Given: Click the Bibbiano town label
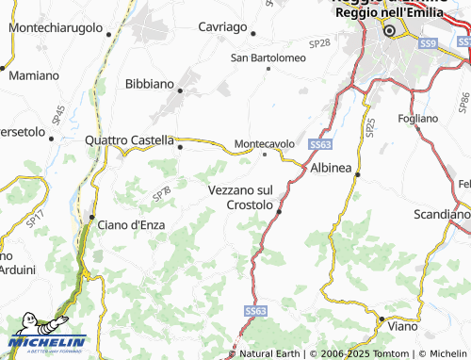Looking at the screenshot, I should click(x=149, y=84).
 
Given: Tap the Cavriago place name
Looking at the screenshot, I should click(x=222, y=27).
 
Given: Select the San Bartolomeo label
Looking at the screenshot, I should click(x=268, y=57).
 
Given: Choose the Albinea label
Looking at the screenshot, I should click(x=331, y=167).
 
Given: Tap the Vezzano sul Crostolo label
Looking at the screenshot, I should click(x=239, y=197).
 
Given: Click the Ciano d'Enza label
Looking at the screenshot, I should click(x=131, y=224).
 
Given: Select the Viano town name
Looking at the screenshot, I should click(x=405, y=324).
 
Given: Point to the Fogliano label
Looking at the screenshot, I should click(x=418, y=118).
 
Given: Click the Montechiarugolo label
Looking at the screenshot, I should click(x=55, y=28).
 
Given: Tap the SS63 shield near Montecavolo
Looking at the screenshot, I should click(x=318, y=144).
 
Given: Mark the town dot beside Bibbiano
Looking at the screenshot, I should click(x=180, y=90).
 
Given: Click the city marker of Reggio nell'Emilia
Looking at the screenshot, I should click(x=387, y=32).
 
